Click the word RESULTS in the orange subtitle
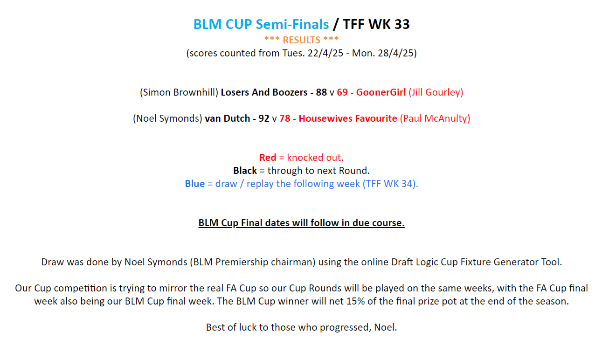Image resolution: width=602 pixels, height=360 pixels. tap(301, 40)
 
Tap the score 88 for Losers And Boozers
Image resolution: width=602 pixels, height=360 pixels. tap(321, 92)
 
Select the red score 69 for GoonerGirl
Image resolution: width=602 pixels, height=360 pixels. tap(342, 92)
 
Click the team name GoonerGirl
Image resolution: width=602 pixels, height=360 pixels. tap(381, 92)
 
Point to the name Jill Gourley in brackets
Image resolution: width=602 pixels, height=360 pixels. tap(436, 92)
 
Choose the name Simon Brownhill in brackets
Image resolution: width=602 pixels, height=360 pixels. tap(179, 92)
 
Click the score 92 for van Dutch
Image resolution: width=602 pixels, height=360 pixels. tap(263, 118)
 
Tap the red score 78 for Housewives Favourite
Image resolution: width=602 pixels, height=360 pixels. tap(284, 118)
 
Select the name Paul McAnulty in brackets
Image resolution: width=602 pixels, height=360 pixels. tap(435, 118)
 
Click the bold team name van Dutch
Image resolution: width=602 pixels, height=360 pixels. tap(228, 118)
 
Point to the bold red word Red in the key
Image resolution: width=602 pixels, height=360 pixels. tap(268, 158)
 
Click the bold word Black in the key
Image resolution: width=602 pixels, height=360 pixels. tap(245, 171)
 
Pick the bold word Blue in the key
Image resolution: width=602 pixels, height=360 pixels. tap(194, 184)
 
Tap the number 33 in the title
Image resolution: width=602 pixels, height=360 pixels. tap(402, 24)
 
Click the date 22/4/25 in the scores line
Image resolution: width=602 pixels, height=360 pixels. tap(325, 53)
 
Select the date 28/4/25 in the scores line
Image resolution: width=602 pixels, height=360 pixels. tap(395, 53)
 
